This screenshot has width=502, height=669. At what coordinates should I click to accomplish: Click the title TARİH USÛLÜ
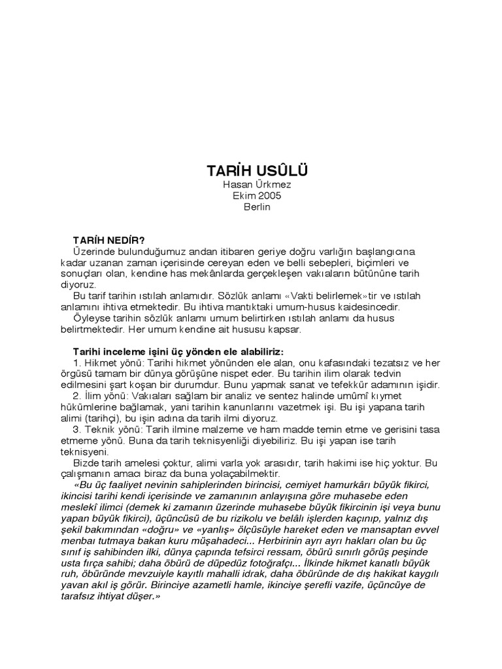pyautogui.click(x=256, y=171)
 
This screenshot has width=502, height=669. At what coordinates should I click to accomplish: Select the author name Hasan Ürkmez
pyautogui.click(x=256, y=186)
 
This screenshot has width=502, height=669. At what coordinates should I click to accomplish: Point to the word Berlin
pyautogui.click(x=256, y=207)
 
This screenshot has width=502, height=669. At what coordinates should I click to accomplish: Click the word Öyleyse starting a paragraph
pyautogui.click(x=96, y=318)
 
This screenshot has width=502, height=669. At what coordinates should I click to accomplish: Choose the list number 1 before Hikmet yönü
pyautogui.click(x=76, y=363)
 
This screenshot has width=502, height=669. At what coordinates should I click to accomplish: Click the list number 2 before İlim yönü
pyautogui.click(x=76, y=396)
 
